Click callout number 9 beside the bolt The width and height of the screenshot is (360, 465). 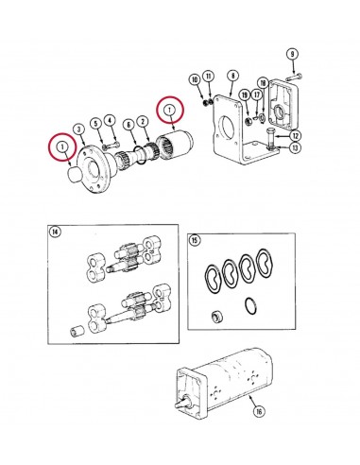(x=292, y=53)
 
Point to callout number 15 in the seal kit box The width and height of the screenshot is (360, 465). (x=195, y=241)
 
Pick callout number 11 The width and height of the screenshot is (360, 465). (x=208, y=77)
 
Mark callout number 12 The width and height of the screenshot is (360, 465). (x=296, y=136)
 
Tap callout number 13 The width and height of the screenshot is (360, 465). (x=296, y=148)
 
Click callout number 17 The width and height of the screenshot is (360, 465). (x=258, y=95)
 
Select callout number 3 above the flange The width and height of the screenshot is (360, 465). (x=79, y=129)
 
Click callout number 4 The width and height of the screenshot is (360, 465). (x=110, y=120)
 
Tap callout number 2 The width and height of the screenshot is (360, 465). (x=143, y=121)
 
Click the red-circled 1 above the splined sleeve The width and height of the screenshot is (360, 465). (x=170, y=112)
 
